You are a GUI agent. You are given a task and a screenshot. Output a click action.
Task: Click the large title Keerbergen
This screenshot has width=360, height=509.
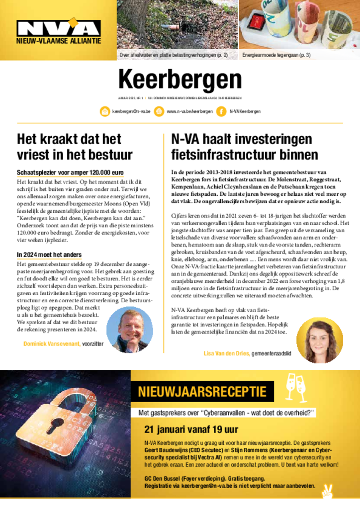(x=180, y=80)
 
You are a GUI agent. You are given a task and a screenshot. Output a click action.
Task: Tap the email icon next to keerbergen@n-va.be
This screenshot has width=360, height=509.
(x=105, y=112)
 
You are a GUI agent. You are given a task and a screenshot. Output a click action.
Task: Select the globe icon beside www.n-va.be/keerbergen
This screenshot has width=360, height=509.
(x=159, y=112)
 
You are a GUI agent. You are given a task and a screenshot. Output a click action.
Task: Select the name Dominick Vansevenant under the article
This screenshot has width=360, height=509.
(x=52, y=343)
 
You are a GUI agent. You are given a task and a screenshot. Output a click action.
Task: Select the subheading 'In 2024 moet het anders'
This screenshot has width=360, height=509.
(x=49, y=255)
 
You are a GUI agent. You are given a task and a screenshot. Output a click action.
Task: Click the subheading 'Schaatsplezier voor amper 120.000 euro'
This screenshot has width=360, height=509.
(x=70, y=172)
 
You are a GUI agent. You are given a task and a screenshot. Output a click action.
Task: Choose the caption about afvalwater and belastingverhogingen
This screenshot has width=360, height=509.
(x=174, y=55)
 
